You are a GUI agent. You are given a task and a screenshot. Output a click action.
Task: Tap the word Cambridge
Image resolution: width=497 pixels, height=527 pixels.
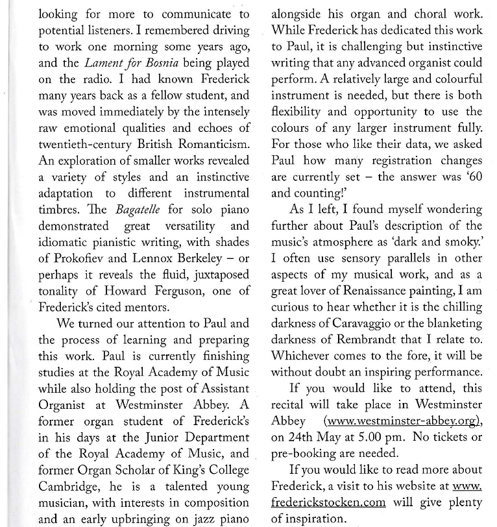(61, 486)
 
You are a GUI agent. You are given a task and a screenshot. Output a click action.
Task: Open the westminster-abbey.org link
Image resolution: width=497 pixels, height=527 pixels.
(402, 421)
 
